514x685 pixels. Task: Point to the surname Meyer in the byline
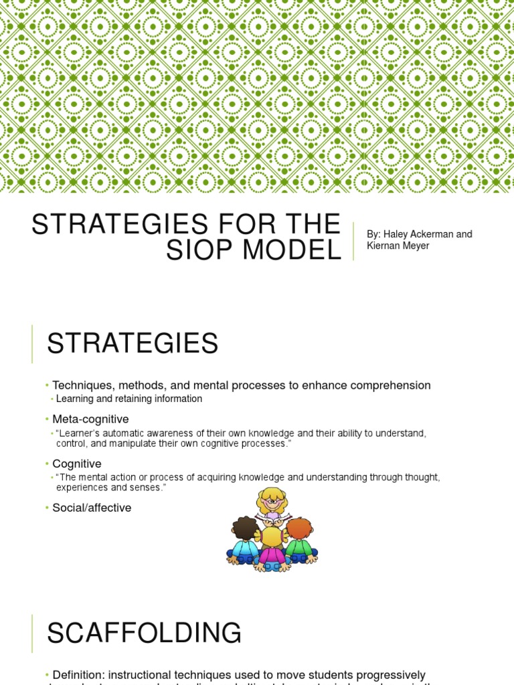point(414,246)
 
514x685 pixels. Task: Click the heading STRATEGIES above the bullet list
point(133,344)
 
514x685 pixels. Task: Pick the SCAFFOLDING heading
point(144,632)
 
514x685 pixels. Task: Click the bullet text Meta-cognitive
point(90,419)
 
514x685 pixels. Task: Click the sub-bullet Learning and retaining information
point(128,399)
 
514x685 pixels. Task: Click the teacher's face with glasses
point(271,502)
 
